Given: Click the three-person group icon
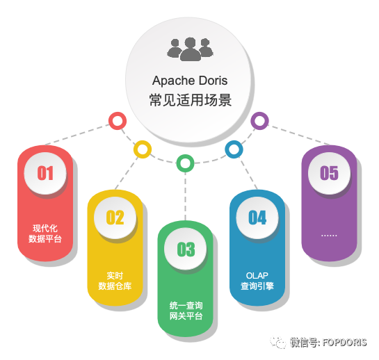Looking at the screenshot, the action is click(x=190, y=49).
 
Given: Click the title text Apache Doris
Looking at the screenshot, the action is click(x=190, y=81).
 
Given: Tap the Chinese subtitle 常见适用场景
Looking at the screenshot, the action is click(x=191, y=100).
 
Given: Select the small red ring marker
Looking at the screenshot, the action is click(x=118, y=121).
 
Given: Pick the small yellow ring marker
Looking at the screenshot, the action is click(x=143, y=149).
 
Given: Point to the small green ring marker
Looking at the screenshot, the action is click(x=185, y=163).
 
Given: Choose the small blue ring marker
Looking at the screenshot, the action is click(x=234, y=149).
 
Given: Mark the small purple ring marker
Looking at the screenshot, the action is click(x=259, y=121).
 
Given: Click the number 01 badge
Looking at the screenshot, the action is click(x=45, y=173).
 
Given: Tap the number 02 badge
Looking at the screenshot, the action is click(x=115, y=218).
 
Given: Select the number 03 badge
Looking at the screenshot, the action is click(x=186, y=249).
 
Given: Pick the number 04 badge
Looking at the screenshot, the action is click(x=257, y=218).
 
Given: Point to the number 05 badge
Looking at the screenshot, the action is click(x=329, y=173).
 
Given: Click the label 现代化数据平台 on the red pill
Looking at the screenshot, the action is click(x=45, y=234).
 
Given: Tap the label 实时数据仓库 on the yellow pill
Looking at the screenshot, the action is click(x=115, y=281).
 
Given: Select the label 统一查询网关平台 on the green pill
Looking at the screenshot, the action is click(x=186, y=311).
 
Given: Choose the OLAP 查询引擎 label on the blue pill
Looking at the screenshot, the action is click(x=257, y=281).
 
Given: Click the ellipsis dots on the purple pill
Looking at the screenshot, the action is click(x=329, y=236).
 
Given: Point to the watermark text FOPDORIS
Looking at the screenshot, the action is click(x=345, y=343).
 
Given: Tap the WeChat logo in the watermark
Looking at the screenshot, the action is click(x=278, y=343).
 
